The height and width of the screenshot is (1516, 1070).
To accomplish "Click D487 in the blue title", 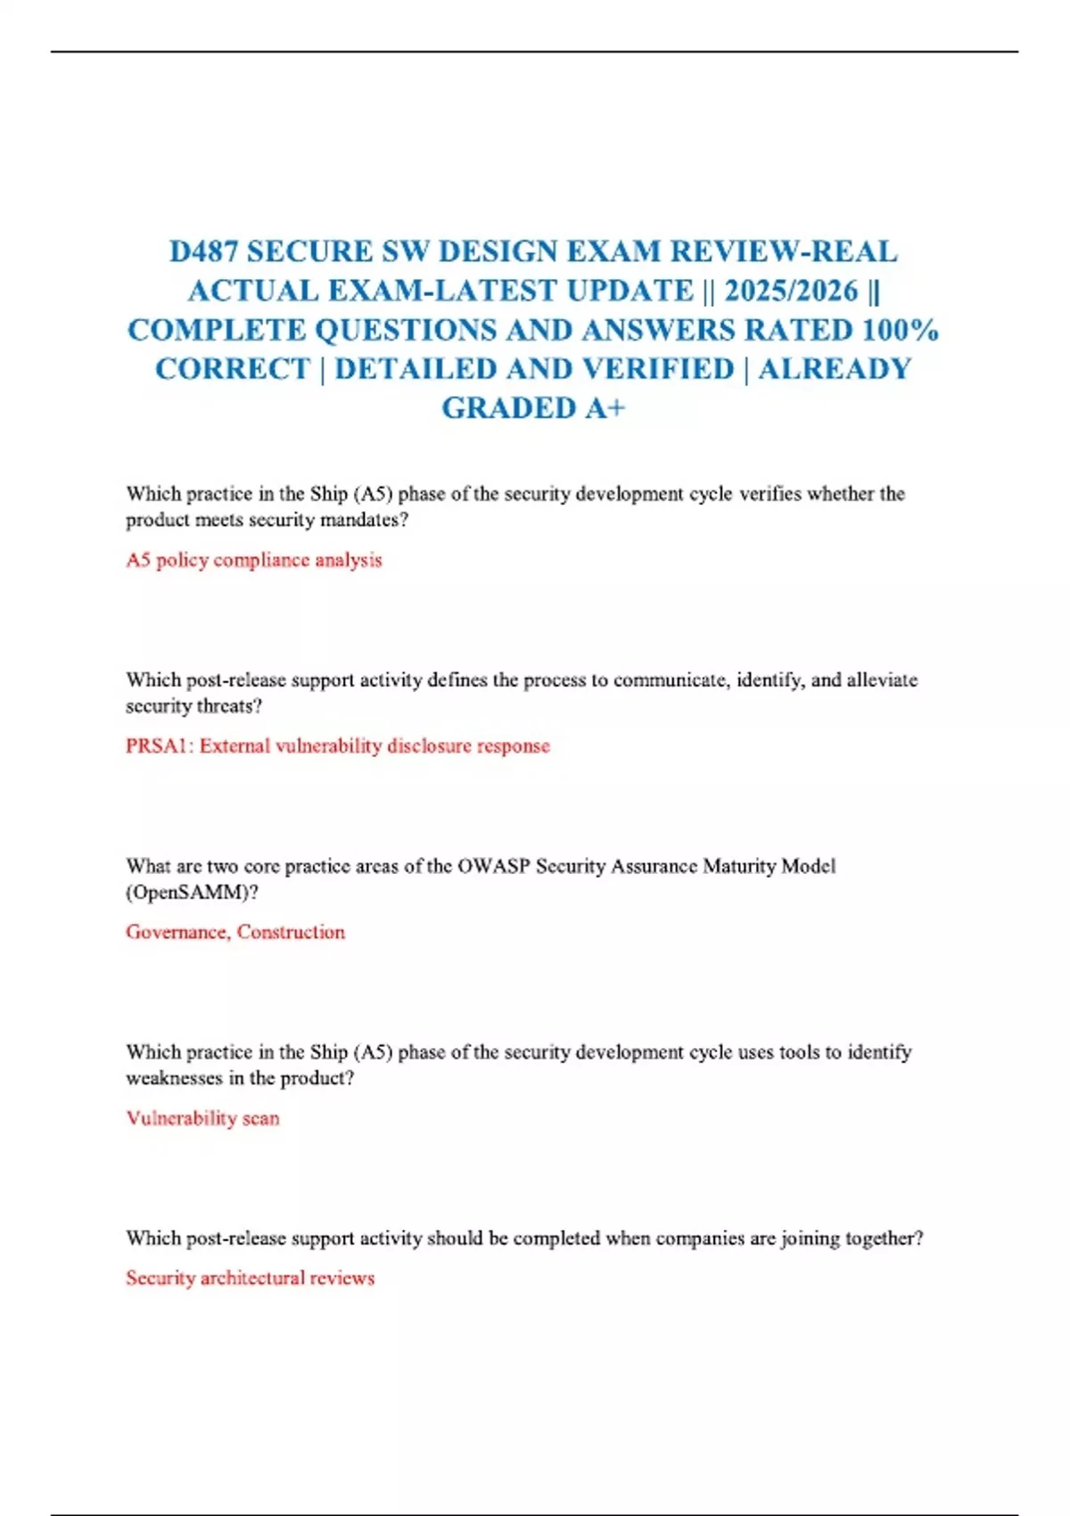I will point(204,251).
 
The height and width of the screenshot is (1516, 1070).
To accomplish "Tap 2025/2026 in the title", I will point(791,291).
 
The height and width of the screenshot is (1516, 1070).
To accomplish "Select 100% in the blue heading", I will point(901,330).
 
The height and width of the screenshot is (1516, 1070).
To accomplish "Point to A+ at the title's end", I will point(605,408).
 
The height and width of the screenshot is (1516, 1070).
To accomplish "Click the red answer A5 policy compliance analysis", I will point(253,560).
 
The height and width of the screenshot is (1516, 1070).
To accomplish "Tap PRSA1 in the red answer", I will point(157,746).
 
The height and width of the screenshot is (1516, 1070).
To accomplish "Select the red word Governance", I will point(177,932).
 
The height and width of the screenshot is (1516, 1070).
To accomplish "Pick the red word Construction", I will point(291,932).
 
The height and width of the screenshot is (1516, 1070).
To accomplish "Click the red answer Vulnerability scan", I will point(202,1118).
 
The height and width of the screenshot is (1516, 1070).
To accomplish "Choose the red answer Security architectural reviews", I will point(250,1278).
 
